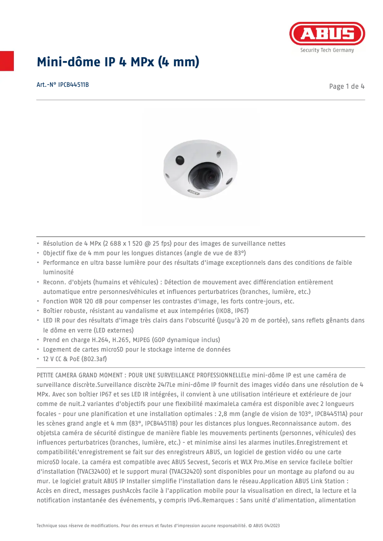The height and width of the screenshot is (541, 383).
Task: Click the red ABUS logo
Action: pyautogui.click(x=327, y=33)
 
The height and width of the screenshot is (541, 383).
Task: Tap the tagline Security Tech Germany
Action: pyautogui.click(x=327, y=50)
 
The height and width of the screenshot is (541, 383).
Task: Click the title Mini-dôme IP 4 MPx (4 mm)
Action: pyautogui.click(x=118, y=62)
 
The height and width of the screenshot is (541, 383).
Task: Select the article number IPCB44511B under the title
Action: pyautogui.click(x=73, y=85)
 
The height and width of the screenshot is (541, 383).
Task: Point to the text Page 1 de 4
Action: pyautogui.click(x=347, y=86)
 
